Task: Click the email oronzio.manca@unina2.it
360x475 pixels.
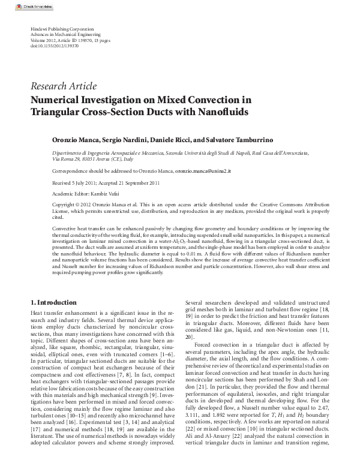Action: click(x=203, y=171)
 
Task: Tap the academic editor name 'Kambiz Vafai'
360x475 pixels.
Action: click(x=105, y=194)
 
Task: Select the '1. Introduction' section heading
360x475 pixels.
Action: click(x=53, y=302)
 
